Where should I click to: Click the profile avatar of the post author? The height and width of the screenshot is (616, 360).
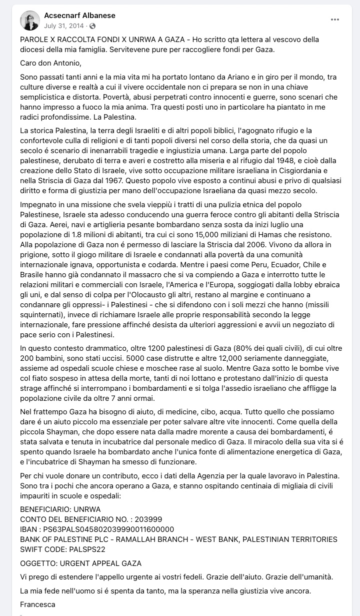30,20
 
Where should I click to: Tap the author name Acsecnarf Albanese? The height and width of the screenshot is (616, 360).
79,16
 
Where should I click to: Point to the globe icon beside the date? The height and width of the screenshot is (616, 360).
92,26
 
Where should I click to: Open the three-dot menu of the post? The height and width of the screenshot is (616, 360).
335,20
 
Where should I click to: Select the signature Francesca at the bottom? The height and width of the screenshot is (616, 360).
37,604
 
